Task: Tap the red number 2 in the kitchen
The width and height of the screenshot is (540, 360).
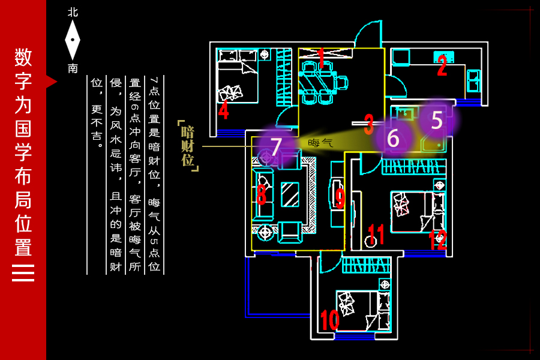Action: [x=442, y=65]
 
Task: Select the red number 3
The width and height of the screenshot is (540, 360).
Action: [x=369, y=124]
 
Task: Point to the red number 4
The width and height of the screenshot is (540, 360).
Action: [x=224, y=110]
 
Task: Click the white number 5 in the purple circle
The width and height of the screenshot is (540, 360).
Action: [x=437, y=120]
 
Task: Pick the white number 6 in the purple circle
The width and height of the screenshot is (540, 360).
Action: [x=393, y=138]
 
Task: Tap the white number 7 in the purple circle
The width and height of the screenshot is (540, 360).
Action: [x=276, y=146]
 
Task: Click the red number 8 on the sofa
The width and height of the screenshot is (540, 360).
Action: [x=262, y=194]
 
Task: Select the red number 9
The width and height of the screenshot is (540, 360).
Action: [x=340, y=199]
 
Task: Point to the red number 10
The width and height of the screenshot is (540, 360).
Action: [x=329, y=320]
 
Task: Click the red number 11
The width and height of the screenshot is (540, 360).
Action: [x=376, y=235]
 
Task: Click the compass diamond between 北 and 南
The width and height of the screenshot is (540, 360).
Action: [x=73, y=40]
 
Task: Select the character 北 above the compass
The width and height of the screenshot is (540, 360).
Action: [x=73, y=13]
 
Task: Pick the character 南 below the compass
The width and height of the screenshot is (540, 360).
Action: [x=73, y=68]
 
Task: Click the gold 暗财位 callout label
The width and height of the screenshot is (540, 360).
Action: [x=188, y=146]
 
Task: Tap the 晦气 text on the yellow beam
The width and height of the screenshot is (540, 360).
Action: [x=320, y=143]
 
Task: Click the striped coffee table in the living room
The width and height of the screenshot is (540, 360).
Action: [x=290, y=194]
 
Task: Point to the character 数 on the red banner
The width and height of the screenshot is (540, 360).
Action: [x=23, y=57]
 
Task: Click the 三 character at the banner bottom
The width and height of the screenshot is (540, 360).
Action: [x=23, y=273]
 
